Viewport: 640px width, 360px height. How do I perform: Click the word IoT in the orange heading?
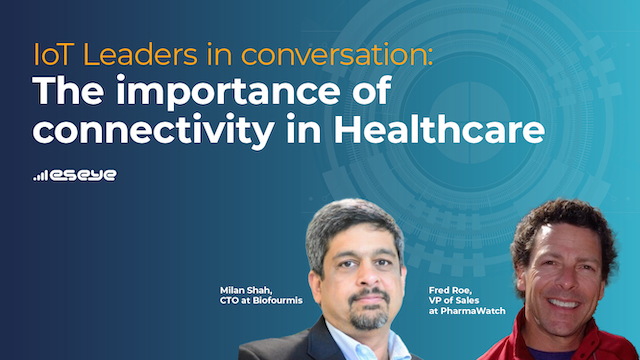tap(53, 55)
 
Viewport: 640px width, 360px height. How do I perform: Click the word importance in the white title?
tap(228, 92)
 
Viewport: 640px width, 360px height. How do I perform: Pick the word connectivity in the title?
tap(153, 131)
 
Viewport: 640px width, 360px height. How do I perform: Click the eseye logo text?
tap(83, 176)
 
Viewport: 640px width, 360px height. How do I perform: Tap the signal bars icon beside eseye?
tap(40, 176)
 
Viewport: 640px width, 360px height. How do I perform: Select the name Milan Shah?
tap(246, 291)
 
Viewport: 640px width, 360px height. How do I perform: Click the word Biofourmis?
tap(278, 301)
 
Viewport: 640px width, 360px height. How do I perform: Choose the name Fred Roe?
tap(450, 291)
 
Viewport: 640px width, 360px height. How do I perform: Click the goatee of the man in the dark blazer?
tap(369, 318)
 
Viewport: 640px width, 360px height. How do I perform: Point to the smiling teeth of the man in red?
tap(563, 304)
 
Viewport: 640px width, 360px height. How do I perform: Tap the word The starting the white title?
tap(68, 91)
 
